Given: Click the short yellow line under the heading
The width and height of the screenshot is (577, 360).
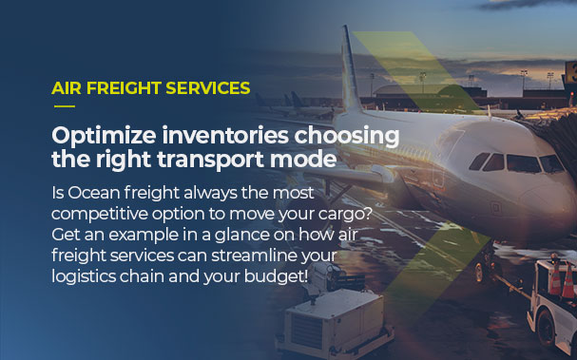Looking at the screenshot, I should tap(64, 105).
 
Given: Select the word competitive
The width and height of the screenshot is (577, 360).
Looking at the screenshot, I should tap(101, 216).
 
